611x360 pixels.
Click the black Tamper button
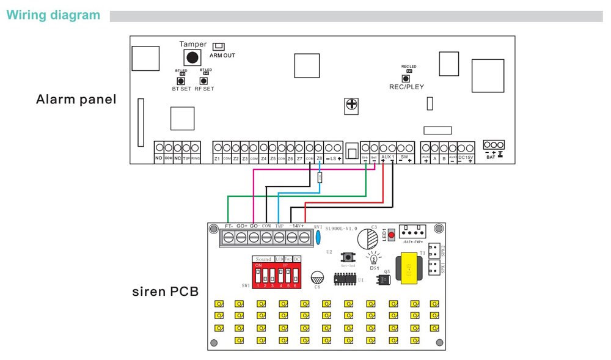pyautogui.click(x=192, y=57)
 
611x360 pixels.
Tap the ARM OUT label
pyautogui.click(x=222, y=56)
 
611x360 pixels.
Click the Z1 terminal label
pyautogui.click(x=217, y=159)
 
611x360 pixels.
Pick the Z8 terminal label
pyautogui.click(x=319, y=159)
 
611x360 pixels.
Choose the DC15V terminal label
pyautogui.click(x=466, y=159)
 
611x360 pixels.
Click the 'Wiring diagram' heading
pyautogui.click(x=53, y=15)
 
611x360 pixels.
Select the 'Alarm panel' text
pyautogui.click(x=76, y=99)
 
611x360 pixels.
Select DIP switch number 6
pyautogui.click(x=297, y=271)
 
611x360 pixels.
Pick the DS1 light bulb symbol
pyautogui.click(x=374, y=255)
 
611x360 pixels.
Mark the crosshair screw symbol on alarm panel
pyautogui.click(x=351, y=105)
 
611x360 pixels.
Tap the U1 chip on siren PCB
pyautogui.click(x=345, y=278)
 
